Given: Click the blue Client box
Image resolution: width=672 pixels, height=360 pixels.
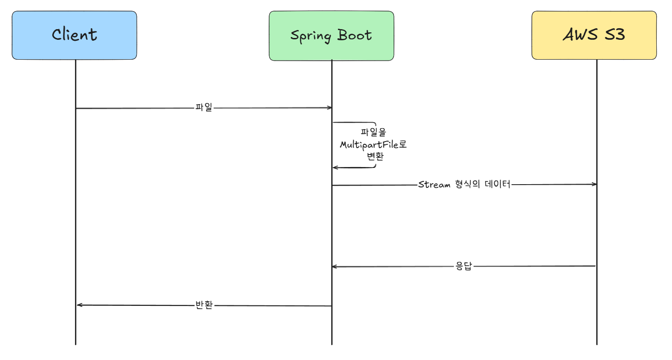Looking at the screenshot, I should point(74,35).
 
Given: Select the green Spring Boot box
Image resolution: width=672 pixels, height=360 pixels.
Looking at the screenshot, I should point(331,36).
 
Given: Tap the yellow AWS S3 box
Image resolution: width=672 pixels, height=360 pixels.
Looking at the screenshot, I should point(594,35).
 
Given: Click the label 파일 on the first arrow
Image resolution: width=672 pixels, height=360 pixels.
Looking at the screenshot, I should point(203,108).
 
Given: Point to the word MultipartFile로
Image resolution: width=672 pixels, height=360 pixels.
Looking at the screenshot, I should point(373,145).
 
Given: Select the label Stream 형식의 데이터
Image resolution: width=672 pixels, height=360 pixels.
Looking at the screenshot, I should point(464,185).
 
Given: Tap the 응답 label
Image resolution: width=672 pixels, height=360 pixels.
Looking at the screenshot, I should point(463,267).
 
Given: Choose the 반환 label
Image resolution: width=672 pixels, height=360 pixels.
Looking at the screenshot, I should point(204,305).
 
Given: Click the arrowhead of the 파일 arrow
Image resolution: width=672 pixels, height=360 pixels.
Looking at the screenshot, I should point(329,108).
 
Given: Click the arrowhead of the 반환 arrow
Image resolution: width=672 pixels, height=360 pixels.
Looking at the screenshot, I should point(79,305).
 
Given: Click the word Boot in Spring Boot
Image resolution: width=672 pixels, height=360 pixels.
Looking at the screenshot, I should point(354,36).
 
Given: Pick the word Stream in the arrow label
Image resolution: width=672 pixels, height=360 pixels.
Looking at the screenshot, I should point(434,185).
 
